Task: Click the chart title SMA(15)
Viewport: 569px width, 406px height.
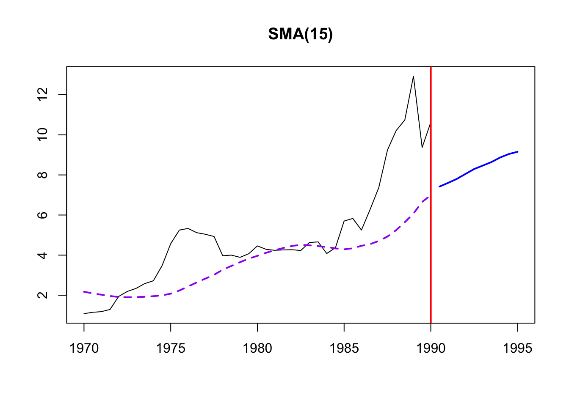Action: tap(301, 34)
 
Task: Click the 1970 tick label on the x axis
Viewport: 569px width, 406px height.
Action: tap(84, 348)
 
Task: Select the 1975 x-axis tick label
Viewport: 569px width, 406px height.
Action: tap(171, 348)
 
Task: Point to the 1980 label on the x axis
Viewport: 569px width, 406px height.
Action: tap(257, 348)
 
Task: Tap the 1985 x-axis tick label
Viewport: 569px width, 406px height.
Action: tap(344, 348)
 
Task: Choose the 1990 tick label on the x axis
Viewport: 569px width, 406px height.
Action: tap(431, 348)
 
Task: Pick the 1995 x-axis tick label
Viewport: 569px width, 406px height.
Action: tap(517, 348)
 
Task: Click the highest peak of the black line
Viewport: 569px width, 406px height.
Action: tap(413, 76)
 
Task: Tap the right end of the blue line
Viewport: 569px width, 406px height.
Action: tap(517, 151)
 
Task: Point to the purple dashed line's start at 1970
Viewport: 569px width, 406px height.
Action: tap(84, 291)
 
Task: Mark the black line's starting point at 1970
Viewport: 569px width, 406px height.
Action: tap(84, 314)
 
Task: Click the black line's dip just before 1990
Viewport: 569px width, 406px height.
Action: tap(422, 147)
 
